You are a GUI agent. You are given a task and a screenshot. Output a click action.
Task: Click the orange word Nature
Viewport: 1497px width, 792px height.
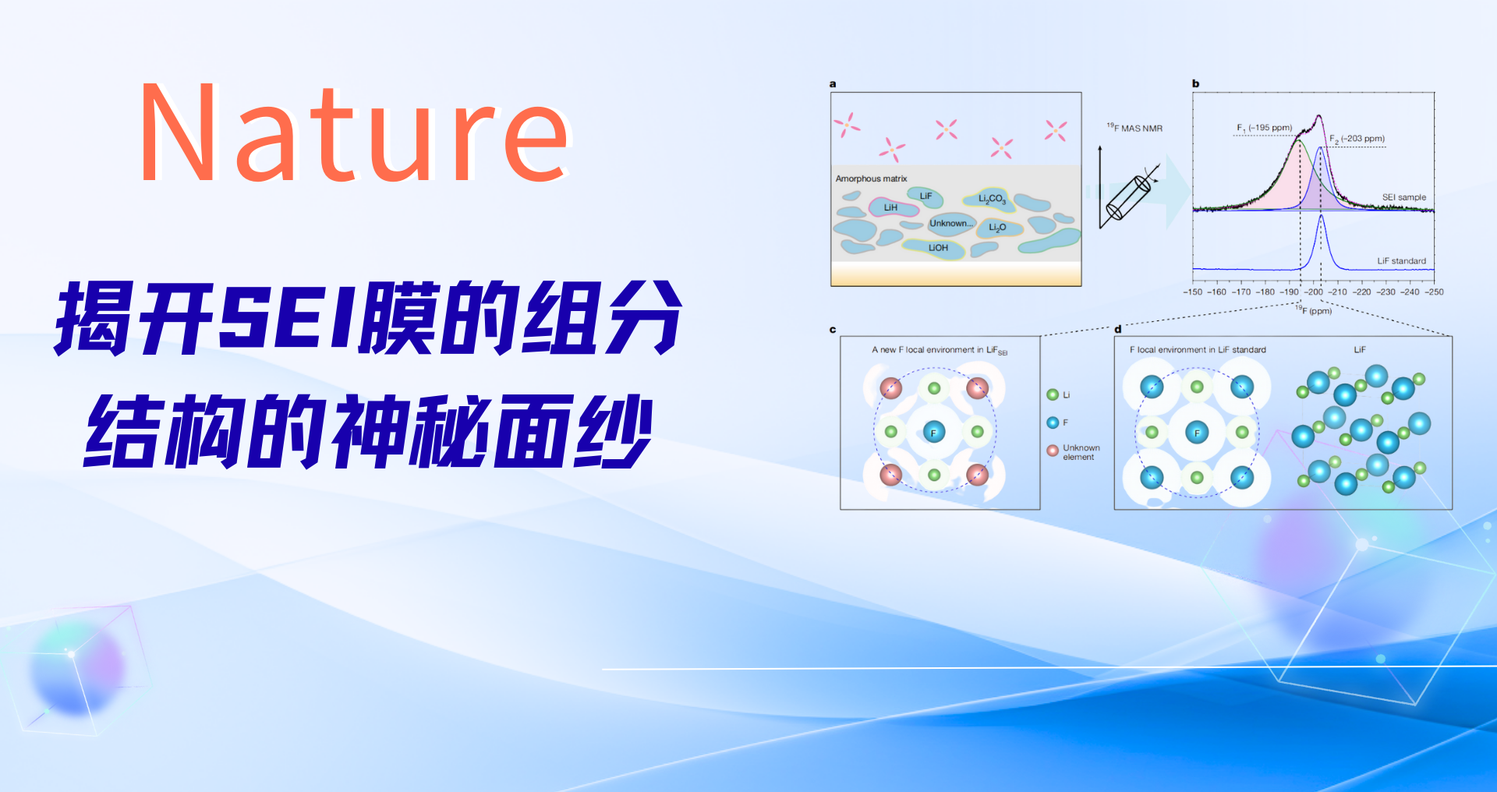click(x=356, y=133)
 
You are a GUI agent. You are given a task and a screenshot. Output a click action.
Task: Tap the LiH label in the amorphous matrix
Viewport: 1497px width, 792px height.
click(x=890, y=207)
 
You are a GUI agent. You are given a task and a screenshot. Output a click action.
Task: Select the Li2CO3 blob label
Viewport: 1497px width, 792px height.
click(x=992, y=199)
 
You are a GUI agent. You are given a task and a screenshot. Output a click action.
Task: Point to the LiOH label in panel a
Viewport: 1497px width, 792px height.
click(x=938, y=248)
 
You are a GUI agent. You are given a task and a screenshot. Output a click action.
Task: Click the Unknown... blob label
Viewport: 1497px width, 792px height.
click(x=951, y=223)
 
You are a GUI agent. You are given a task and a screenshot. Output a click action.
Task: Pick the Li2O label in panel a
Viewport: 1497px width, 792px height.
click(x=997, y=228)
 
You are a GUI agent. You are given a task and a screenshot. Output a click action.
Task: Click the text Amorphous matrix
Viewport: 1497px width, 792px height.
click(x=871, y=179)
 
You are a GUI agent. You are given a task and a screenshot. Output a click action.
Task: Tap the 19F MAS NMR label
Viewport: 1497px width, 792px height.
click(x=1134, y=128)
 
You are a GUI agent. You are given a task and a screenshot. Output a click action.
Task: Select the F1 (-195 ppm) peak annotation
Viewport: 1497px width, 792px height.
click(x=1264, y=128)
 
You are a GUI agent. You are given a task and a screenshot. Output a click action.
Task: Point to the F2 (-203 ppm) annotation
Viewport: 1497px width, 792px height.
click(x=1357, y=139)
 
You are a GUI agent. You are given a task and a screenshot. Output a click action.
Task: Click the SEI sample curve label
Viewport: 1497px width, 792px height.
click(x=1404, y=197)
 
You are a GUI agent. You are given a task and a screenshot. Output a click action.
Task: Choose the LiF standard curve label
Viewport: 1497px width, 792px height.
click(x=1401, y=261)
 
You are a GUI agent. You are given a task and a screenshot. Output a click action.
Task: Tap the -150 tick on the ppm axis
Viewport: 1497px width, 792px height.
click(x=1193, y=292)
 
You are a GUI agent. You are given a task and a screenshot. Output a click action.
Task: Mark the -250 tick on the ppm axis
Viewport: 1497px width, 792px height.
click(x=1435, y=292)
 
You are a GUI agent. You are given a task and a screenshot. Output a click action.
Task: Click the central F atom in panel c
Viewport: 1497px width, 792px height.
click(x=933, y=432)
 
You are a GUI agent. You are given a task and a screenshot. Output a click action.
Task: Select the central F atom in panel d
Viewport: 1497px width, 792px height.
click(x=1197, y=432)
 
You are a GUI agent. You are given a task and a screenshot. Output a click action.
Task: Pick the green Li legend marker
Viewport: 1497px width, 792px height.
click(x=1053, y=395)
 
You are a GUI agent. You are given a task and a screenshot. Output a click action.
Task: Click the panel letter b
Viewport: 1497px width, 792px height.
click(x=1196, y=83)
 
